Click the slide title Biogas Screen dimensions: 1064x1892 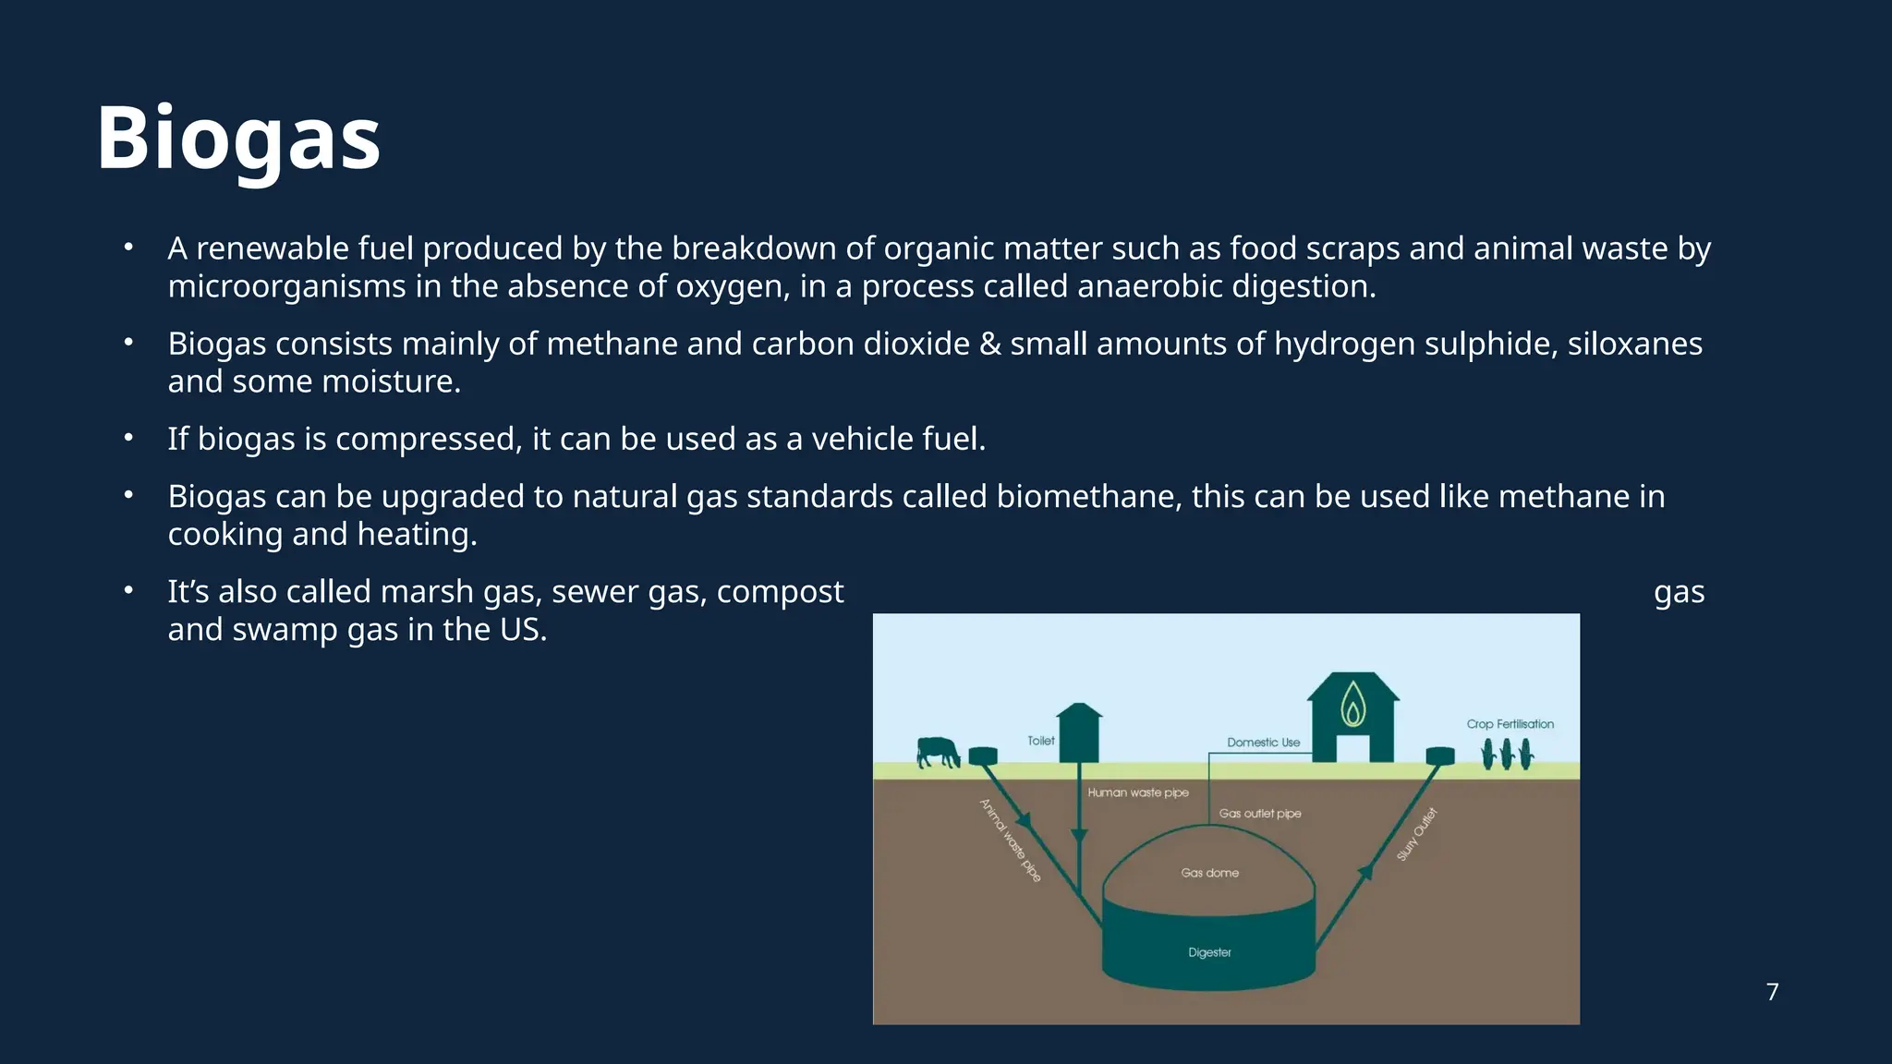(x=238, y=139)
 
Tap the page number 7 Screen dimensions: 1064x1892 (x=1772, y=992)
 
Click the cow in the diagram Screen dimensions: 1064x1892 (x=938, y=752)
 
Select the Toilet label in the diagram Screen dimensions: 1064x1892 (x=1041, y=741)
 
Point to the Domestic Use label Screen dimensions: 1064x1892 (x=1263, y=743)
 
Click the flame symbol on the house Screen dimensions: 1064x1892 (x=1353, y=705)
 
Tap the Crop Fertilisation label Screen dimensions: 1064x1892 (x=1510, y=724)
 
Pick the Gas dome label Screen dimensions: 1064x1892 (x=1209, y=873)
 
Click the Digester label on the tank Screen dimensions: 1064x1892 (x=1209, y=952)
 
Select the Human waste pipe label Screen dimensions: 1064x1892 (x=1138, y=792)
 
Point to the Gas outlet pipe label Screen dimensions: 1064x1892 (x=1259, y=814)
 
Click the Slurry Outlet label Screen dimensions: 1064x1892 (x=1417, y=834)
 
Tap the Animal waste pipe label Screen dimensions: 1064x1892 (x=1011, y=840)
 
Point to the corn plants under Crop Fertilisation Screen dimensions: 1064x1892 (x=1508, y=755)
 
